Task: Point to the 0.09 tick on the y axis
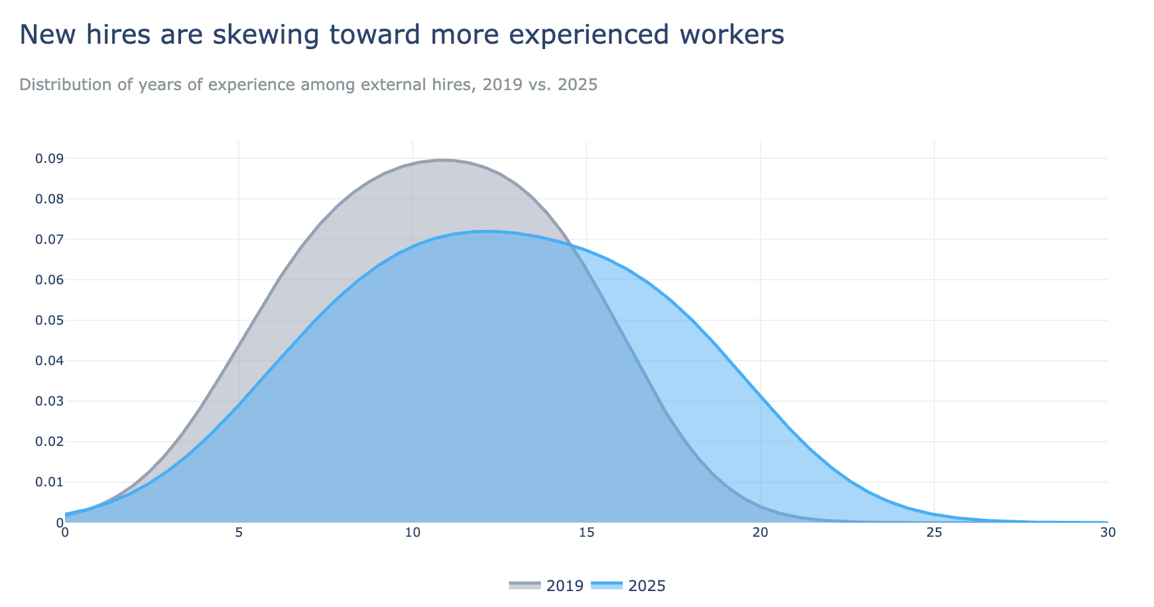[x=50, y=158]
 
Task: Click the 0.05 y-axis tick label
[x=50, y=321]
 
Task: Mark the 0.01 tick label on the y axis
[x=50, y=482]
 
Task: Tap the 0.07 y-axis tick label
[x=50, y=239]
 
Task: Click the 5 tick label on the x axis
[x=239, y=533]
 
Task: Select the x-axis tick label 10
[x=413, y=533]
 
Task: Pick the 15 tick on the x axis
[x=586, y=533]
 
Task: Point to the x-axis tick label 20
[x=760, y=533]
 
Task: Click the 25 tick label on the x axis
[x=934, y=533]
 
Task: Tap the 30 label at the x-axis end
[x=1108, y=533]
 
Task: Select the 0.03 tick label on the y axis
[x=50, y=402]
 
